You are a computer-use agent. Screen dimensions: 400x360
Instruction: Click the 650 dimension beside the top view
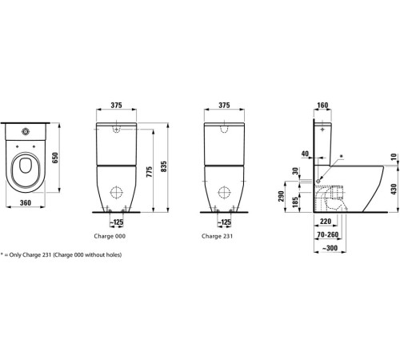click(54, 158)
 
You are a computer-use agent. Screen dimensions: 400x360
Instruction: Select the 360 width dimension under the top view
click(26, 203)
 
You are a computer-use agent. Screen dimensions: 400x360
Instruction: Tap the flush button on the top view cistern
click(26, 131)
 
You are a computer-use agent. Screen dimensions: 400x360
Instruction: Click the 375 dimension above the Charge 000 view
click(117, 106)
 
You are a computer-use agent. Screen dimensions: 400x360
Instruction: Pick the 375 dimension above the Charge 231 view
click(224, 106)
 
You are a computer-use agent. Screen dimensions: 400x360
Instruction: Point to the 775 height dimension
click(150, 172)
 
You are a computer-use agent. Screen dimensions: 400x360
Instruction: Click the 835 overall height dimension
click(164, 166)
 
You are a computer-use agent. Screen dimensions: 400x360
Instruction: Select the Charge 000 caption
click(110, 236)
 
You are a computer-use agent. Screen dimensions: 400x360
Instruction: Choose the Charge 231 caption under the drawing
click(217, 236)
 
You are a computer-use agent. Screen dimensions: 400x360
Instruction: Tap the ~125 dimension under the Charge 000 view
click(117, 222)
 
